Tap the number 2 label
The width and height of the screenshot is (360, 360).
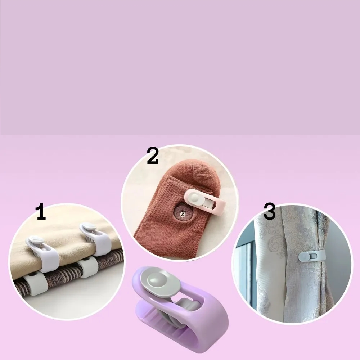point(153,156)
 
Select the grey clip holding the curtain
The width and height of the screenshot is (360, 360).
point(311,256)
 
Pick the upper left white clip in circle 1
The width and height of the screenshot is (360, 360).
point(43,252)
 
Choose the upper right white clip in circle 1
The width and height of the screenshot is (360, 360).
point(96,239)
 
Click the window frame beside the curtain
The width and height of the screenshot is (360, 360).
point(248,270)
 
